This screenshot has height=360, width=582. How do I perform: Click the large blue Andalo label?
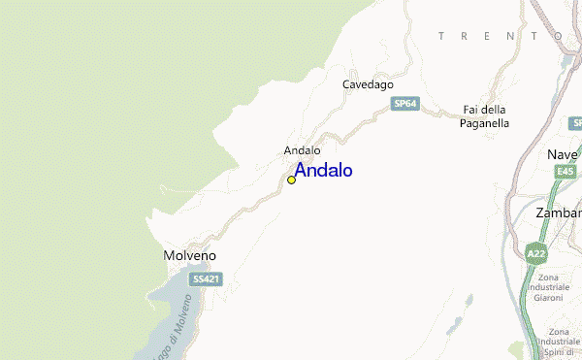click(323, 171)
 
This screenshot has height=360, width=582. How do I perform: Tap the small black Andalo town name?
click(302, 150)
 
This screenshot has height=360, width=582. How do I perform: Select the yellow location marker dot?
click(291, 180)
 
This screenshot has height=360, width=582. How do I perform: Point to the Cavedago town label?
click(368, 84)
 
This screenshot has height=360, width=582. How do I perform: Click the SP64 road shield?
click(406, 102)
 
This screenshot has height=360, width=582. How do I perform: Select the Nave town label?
click(563, 155)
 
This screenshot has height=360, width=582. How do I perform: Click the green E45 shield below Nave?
click(566, 172)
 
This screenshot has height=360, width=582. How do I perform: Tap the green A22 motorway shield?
click(534, 254)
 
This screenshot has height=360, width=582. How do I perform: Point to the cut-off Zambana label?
click(559, 213)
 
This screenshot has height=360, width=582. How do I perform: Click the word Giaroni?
click(548, 298)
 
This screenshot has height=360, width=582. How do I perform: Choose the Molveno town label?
click(188, 255)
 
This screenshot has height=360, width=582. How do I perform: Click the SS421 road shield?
click(205, 278)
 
